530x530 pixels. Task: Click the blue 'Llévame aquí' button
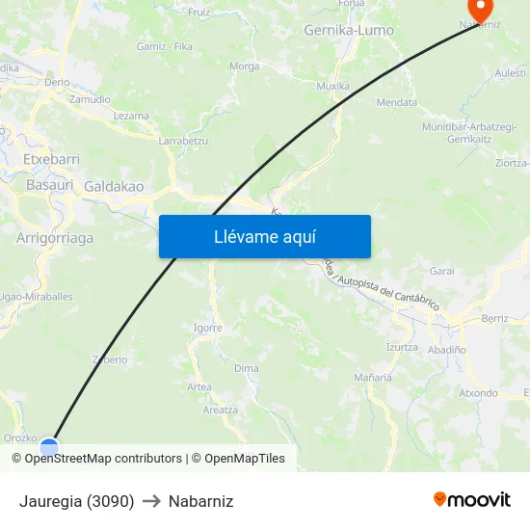tap(264, 236)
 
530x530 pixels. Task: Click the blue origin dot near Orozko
tap(49, 446)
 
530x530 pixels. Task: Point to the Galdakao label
tap(114, 186)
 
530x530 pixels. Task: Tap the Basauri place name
tap(50, 184)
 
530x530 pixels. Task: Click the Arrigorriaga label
tap(55, 237)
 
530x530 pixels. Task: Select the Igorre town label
tap(207, 328)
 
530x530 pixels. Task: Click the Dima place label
tap(246, 368)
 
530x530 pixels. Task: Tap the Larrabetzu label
tap(183, 141)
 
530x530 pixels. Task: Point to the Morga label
tap(245, 66)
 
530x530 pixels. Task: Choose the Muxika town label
tap(333, 86)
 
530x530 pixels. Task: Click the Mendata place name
tap(397, 102)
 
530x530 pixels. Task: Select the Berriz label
tap(494, 318)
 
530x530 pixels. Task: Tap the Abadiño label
tap(447, 351)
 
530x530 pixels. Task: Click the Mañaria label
tap(373, 377)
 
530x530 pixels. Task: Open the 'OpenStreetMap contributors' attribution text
tap(103, 459)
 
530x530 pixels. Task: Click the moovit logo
tap(472, 500)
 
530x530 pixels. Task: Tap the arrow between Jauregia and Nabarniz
tap(151, 501)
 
